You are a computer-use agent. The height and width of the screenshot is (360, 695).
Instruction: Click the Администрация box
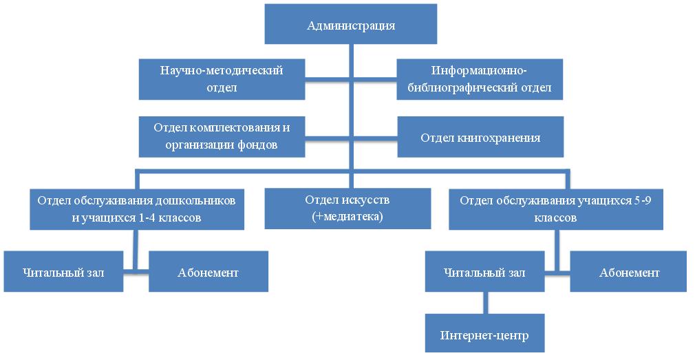pos(351,24)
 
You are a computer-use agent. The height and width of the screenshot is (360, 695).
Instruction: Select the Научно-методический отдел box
pos(222,79)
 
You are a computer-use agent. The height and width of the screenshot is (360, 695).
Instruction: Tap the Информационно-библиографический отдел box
pos(480,79)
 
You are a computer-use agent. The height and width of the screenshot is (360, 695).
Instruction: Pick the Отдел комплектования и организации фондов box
pos(222,136)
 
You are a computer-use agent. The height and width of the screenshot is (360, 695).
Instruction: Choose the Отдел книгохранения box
pos(480,136)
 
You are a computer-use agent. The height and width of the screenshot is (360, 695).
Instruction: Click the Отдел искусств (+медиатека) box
pos(347,209)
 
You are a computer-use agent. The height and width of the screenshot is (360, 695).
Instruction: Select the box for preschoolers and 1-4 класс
pos(137,209)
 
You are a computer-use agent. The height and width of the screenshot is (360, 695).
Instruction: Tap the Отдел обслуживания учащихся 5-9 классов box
pos(556,209)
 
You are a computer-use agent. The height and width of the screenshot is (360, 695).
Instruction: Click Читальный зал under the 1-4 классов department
pos(63,271)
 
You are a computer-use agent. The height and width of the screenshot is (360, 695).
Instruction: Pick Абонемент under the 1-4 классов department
pos(208,271)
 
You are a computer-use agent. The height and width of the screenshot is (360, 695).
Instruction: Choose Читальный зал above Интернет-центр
pos(484,271)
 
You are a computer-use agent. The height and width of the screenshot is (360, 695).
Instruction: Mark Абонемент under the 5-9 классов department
pos(628,271)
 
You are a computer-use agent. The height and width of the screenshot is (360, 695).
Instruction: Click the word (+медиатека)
pos(347,217)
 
